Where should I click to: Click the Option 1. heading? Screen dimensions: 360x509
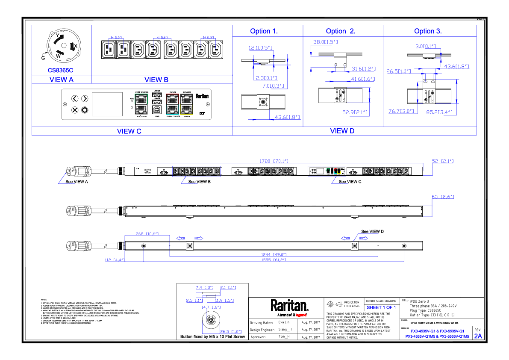(x=264, y=31)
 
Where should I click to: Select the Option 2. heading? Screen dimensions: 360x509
(x=341, y=31)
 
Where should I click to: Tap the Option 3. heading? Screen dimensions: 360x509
(x=428, y=31)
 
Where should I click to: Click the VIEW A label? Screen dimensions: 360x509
(x=62, y=80)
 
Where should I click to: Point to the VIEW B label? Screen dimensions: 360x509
(x=156, y=80)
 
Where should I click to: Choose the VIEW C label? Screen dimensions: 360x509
(x=129, y=131)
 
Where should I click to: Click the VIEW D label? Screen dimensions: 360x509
(x=342, y=131)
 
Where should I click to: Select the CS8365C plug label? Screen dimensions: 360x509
(x=60, y=70)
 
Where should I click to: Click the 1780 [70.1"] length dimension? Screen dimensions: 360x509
(x=274, y=161)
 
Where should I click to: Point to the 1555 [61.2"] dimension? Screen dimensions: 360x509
(x=274, y=260)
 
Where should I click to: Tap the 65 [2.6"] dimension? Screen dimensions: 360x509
(x=443, y=197)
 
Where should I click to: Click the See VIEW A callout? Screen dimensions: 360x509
(x=76, y=182)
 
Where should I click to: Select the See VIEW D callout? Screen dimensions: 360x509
(x=372, y=231)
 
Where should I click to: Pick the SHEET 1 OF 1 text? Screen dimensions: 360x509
(x=381, y=307)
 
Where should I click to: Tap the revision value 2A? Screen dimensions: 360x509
(x=478, y=336)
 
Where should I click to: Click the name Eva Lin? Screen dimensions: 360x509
(x=284, y=323)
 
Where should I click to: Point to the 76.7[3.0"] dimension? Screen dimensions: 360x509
(x=401, y=111)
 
